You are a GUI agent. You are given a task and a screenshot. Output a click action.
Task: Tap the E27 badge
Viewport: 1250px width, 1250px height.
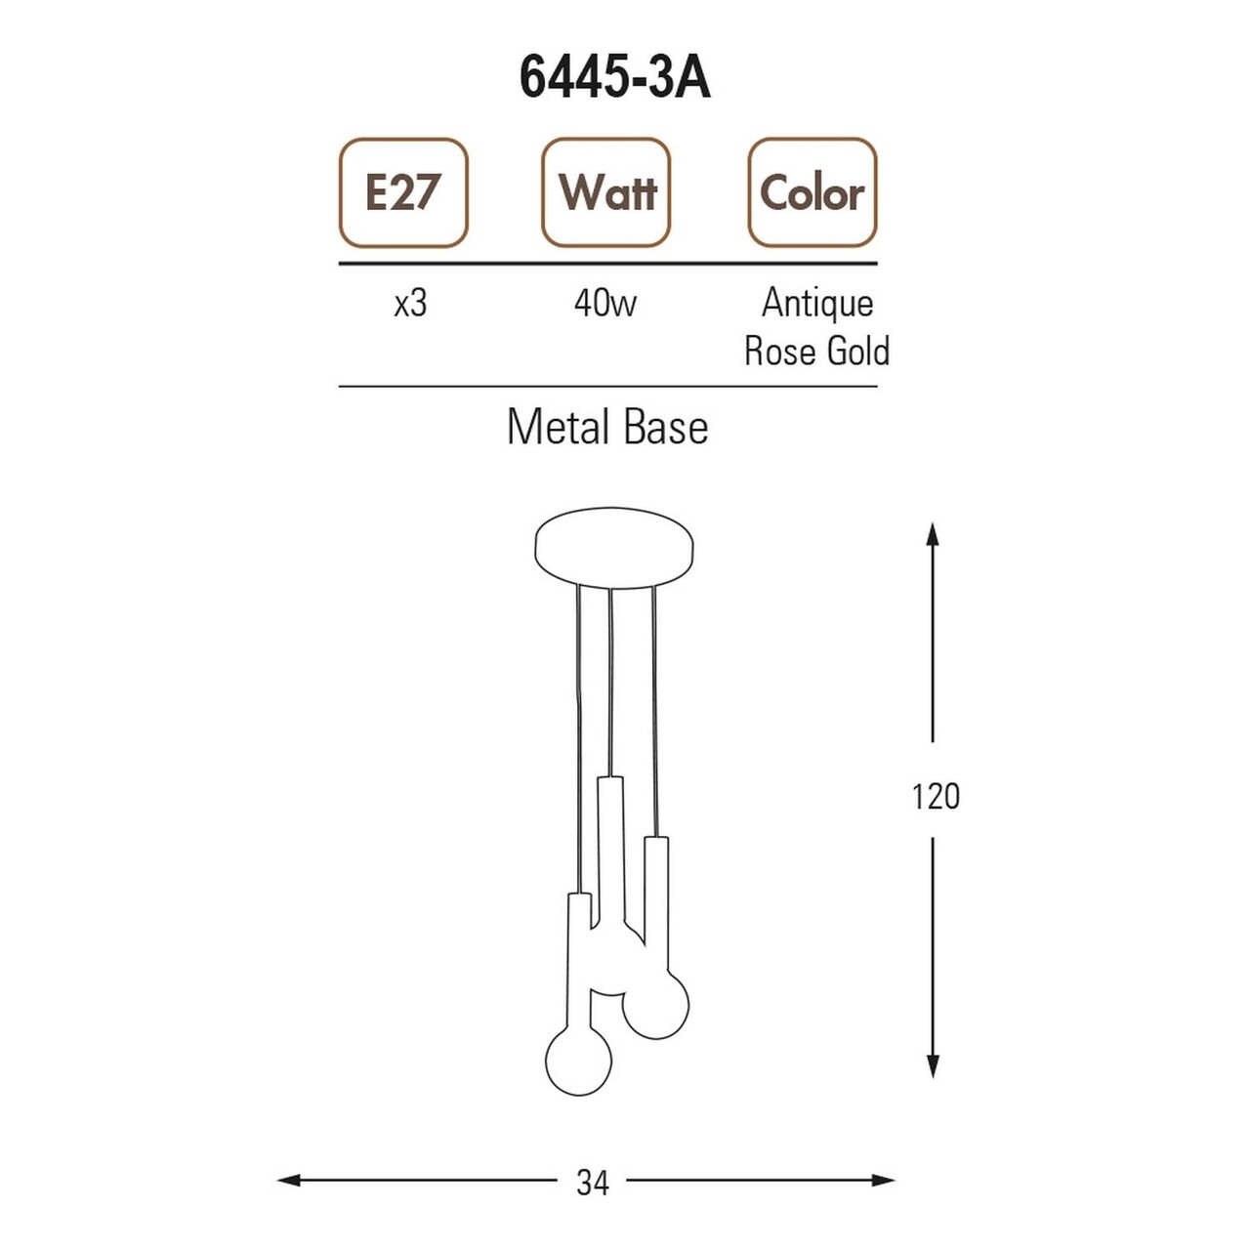point(402,192)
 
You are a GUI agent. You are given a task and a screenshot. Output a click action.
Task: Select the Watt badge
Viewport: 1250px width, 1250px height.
point(605,192)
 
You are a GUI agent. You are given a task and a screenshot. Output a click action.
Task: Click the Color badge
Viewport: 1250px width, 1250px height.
point(812,192)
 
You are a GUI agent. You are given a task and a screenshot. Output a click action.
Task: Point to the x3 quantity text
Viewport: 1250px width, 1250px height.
point(410,304)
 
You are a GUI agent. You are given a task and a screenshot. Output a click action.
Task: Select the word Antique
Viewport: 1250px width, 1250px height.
point(817,304)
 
